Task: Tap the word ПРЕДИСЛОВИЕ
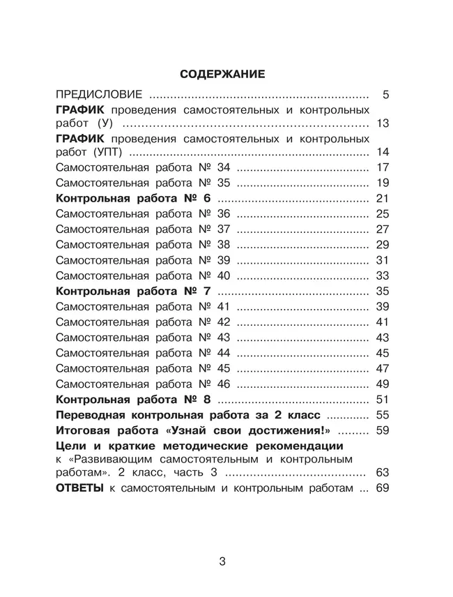coord(99,93)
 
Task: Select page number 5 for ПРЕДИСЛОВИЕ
coord(385,93)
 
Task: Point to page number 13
coord(381,123)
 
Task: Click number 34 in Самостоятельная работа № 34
coord(223,167)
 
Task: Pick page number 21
coord(381,198)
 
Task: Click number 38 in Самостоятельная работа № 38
coord(223,244)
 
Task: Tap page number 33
coord(381,275)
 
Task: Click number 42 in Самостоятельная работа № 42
coord(223,322)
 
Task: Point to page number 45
coord(381,352)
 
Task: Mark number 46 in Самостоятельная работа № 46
coord(223,384)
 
